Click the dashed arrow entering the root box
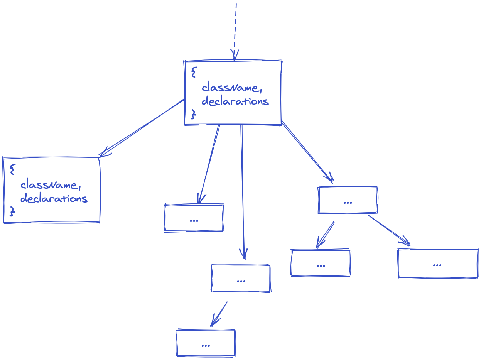[235, 31]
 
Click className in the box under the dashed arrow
[231, 88]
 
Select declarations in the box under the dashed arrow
[235, 101]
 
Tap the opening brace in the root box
[194, 71]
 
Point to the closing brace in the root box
[194, 113]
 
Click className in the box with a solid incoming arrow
[50, 185]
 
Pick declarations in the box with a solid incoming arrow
[54, 199]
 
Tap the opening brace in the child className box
[13, 169]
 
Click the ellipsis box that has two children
[348, 200]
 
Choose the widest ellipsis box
[438, 264]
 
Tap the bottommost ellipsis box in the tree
[206, 343]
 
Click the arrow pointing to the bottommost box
[219, 314]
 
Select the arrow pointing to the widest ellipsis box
[389, 230]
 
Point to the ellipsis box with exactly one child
[241, 278]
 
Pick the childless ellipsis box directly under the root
[194, 218]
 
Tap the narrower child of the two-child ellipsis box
[321, 264]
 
